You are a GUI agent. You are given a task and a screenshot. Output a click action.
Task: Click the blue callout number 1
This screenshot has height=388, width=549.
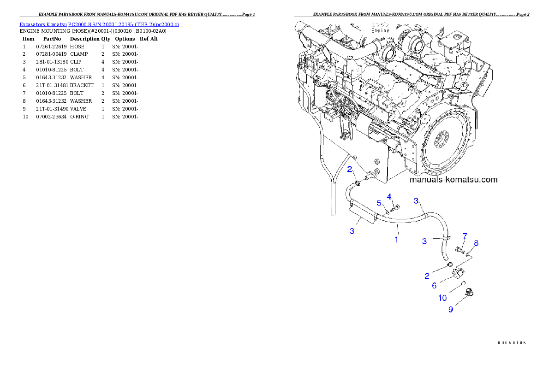tap(396, 240)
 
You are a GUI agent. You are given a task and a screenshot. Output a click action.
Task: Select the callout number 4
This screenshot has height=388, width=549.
tap(389, 197)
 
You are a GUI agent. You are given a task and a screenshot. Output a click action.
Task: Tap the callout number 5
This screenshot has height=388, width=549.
tap(379, 203)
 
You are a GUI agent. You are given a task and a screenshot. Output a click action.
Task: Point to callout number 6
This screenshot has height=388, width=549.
tap(434, 285)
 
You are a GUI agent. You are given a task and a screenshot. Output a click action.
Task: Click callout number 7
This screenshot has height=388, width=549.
tap(465, 236)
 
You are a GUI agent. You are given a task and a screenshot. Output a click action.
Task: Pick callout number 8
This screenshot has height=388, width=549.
tap(476, 243)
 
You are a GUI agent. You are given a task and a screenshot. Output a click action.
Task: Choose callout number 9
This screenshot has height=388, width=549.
tap(451, 309)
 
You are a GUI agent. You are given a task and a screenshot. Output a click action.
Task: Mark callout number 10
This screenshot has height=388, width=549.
tap(442, 298)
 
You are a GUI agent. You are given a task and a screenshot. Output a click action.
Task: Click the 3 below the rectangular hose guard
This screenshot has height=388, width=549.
tap(352, 231)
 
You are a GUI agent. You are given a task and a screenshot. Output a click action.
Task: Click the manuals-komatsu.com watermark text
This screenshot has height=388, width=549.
tap(454, 180)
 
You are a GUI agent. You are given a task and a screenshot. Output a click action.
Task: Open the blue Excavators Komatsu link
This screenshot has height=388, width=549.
tap(99, 24)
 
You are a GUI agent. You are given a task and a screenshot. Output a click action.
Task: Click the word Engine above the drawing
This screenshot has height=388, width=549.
tap(380, 30)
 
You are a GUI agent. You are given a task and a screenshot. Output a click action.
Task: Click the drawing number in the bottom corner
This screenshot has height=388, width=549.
tap(512, 342)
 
